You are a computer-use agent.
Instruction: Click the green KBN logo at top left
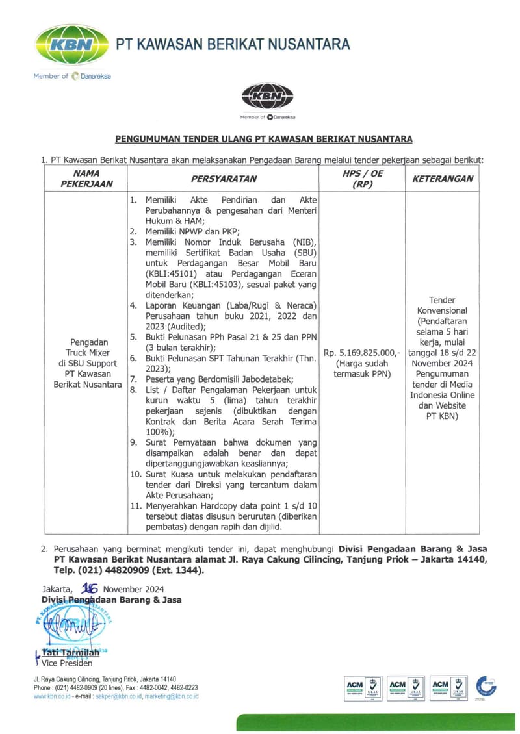pyautogui.click(x=71, y=45)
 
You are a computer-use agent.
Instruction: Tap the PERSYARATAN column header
pyautogui.click(x=224, y=178)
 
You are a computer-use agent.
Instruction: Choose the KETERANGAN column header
pyautogui.click(x=443, y=178)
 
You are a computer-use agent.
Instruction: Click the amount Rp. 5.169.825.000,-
pyautogui.click(x=361, y=353)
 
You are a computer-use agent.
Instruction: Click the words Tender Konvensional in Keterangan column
pyautogui.click(x=443, y=305)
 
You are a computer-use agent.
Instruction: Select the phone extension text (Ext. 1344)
pyautogui.click(x=176, y=570)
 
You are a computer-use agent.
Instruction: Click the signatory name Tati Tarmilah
pyautogui.click(x=71, y=652)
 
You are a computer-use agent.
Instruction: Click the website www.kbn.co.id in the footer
pyautogui.click(x=52, y=696)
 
